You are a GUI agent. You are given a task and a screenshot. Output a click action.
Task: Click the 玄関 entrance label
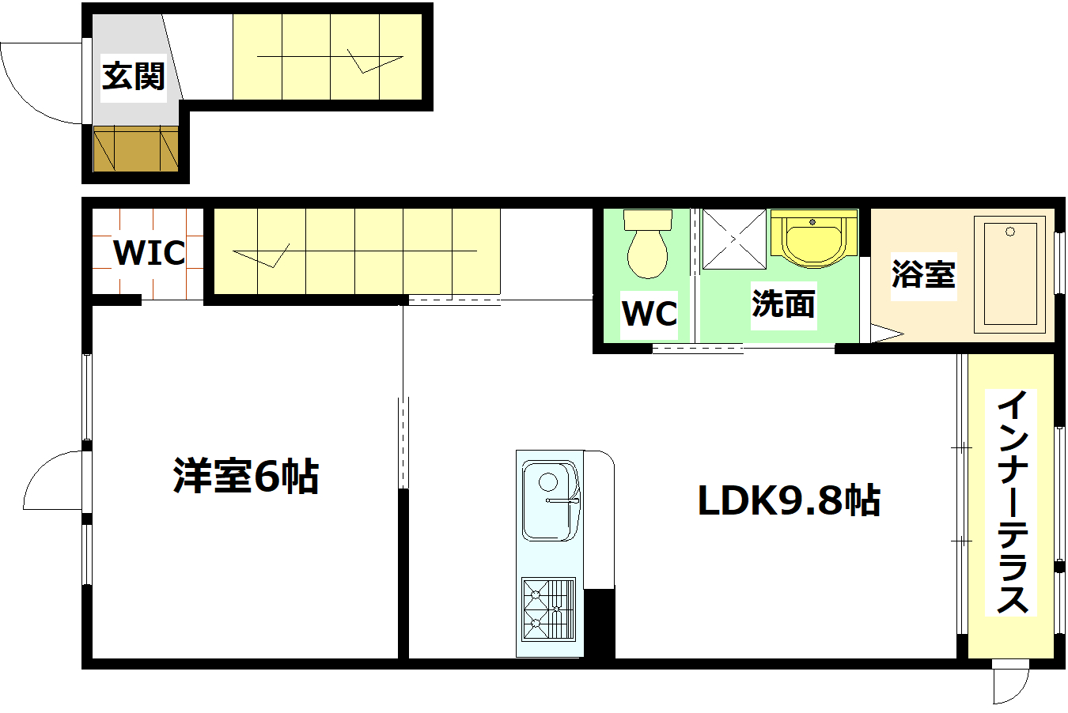[133, 77]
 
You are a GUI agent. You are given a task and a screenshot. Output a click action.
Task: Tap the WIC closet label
[149, 253]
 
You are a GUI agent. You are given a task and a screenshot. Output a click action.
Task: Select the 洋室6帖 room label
[245, 476]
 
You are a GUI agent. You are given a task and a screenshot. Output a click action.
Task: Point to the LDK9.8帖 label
[788, 500]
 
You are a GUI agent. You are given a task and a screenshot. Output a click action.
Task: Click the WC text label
[650, 314]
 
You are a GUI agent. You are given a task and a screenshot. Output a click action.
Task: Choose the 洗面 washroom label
[782, 304]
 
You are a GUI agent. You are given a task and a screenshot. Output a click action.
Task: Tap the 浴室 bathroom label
[923, 274]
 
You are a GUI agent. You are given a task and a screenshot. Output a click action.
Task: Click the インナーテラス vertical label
[1012, 502]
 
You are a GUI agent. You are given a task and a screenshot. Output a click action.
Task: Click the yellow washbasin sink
[813, 240]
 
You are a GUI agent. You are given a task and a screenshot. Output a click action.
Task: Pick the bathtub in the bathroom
[1010, 274]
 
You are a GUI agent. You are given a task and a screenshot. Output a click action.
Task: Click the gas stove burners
[547, 608]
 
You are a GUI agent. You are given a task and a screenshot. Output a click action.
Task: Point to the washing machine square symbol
[734, 239]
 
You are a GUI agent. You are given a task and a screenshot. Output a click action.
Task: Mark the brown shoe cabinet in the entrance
[135, 148]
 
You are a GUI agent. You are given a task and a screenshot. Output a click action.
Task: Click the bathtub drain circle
[1010, 232]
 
